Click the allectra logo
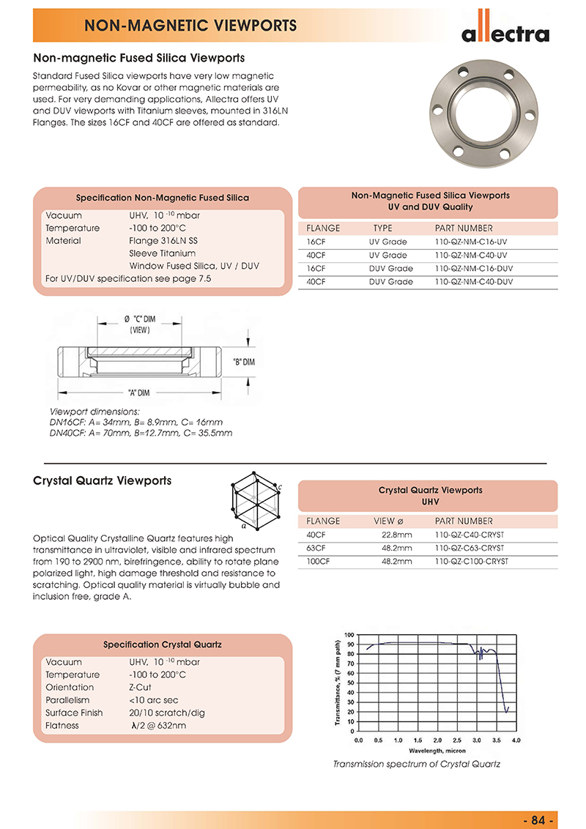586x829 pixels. (x=505, y=33)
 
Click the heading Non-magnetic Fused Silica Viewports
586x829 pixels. (x=139, y=57)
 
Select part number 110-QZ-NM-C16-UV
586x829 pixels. (x=471, y=242)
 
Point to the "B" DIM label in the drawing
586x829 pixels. (x=243, y=362)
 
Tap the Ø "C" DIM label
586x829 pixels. (x=139, y=319)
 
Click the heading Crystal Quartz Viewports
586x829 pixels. (x=103, y=481)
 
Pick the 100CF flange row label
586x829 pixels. (x=318, y=562)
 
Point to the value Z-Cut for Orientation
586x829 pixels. (x=141, y=688)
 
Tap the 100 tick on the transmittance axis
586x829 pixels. (x=349, y=635)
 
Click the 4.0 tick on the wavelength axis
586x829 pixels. (x=516, y=741)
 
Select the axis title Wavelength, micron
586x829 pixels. (x=437, y=751)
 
